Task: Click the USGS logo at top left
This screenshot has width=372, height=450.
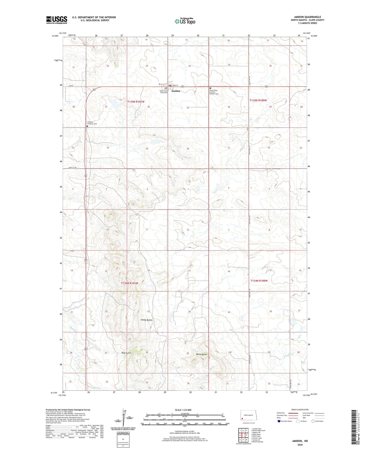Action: pos(56,20)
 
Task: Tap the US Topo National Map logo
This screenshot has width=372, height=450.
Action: pos(185,21)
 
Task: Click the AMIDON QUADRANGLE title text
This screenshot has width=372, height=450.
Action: pos(307,17)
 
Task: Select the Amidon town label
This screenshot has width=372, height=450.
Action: pos(176,91)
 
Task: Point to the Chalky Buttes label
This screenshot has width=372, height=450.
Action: pos(146,320)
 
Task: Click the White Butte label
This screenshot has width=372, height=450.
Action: pos(201,354)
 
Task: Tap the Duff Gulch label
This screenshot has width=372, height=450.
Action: pos(126,353)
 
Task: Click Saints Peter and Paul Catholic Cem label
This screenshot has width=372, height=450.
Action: pos(214,92)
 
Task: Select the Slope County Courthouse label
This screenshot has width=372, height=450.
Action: pos(164,92)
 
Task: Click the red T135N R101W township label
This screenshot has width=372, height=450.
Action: pos(136,102)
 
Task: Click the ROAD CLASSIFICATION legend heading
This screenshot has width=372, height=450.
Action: pos(300,410)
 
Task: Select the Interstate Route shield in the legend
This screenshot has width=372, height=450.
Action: pos(279,421)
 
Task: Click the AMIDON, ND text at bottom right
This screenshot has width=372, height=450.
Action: pos(300,441)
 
